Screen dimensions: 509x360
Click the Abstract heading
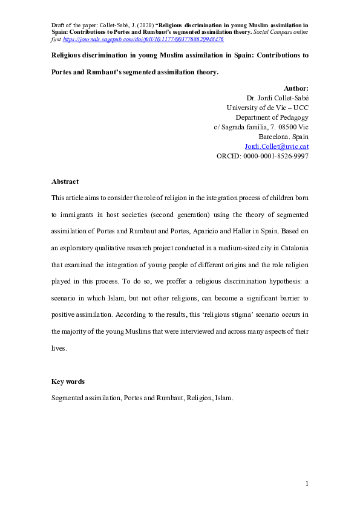(x=65, y=181)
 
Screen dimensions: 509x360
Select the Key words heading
(x=68, y=381)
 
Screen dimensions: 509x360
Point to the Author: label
(x=296, y=88)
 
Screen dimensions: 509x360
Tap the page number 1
(x=307, y=484)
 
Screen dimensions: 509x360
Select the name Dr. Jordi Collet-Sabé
(x=278, y=98)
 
